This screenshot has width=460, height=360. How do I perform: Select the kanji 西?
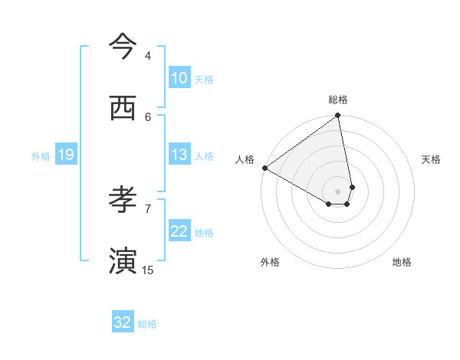(x=123, y=108)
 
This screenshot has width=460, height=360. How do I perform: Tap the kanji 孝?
(x=123, y=201)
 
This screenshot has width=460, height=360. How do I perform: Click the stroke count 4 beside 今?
(x=148, y=56)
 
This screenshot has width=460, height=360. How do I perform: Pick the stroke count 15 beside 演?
(x=148, y=270)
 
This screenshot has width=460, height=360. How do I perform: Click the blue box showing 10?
(x=179, y=78)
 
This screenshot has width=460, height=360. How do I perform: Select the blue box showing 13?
(x=179, y=155)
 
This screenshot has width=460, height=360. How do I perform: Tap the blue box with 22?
(x=179, y=231)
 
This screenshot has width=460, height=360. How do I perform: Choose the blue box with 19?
(x=66, y=155)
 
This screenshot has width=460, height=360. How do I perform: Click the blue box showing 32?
(x=123, y=322)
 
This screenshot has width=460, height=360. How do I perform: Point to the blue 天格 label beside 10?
(x=204, y=79)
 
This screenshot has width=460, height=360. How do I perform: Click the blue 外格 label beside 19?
(x=41, y=155)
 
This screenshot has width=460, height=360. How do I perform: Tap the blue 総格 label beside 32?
(x=147, y=323)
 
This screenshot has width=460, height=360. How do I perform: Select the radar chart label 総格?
(x=338, y=100)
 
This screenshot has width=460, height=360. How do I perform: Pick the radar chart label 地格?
(x=402, y=262)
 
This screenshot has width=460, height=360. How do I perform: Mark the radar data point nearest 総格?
(x=338, y=116)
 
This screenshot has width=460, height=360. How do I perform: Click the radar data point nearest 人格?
(x=264, y=168)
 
